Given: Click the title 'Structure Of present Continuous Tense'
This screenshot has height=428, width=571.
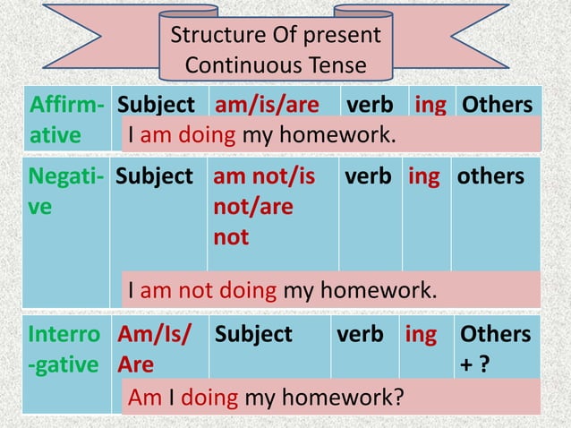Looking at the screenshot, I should coord(275,50).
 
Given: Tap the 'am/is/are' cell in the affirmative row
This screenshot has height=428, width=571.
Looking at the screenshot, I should coord(267,104).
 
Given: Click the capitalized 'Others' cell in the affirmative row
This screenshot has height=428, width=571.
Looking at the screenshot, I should coord(497,104).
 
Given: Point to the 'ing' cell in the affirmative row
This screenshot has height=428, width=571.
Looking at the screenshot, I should coord(430,104).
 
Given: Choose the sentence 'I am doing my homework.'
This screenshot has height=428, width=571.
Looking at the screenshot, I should coord(261,134).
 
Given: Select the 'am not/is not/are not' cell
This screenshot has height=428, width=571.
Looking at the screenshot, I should coord(264,206).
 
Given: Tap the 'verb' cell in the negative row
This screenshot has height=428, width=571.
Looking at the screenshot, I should coord(371,176).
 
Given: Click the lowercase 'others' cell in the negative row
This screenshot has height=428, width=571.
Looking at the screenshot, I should coord(491,176).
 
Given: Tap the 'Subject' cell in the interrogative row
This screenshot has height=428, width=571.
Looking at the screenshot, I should coord(253,335).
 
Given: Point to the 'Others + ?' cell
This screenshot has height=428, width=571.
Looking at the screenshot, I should coord(495,350).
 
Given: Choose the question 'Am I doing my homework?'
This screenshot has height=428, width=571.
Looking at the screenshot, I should coord(264,397).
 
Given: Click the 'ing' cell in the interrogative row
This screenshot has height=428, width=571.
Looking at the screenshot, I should coord(421,335).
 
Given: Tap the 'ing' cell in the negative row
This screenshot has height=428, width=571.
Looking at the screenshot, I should coord(423,176).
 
